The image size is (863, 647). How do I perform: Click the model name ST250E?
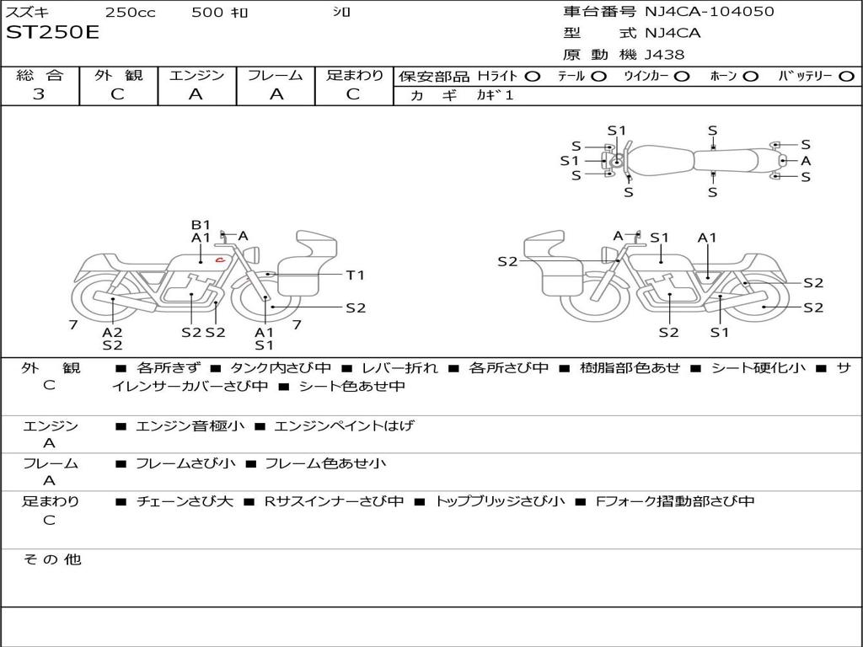[52, 33]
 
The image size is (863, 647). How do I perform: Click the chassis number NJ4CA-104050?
[709, 12]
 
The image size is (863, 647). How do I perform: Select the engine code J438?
[664, 55]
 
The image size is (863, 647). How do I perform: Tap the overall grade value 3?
[39, 94]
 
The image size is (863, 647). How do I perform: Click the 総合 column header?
[40, 76]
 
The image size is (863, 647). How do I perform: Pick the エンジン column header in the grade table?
[196, 76]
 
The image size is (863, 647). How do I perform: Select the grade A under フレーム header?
[276, 94]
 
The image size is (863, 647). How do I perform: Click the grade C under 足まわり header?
[353, 94]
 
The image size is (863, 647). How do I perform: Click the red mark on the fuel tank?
[219, 259]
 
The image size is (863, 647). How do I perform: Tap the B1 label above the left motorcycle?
[201, 225]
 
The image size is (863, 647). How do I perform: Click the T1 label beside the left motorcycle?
[355, 275]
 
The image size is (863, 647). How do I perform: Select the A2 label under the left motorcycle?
[112, 332]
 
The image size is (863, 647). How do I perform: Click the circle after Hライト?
[532, 76]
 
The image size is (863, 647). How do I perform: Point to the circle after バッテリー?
[846, 76]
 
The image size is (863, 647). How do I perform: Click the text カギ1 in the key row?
[495, 95]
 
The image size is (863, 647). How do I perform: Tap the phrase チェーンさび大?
[184, 501]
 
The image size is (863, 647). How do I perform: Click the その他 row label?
[51, 559]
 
